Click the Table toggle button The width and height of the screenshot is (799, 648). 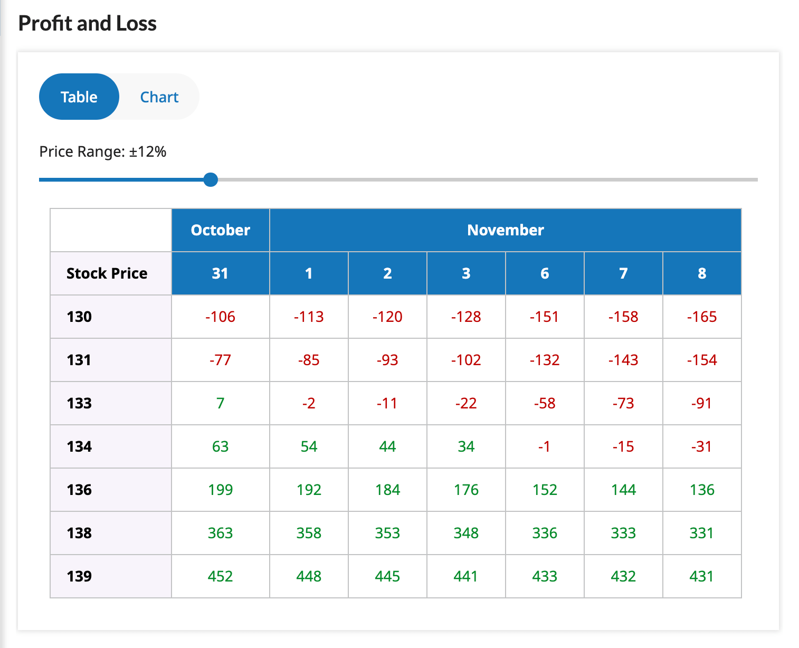(79, 97)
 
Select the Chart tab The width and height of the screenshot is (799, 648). (159, 97)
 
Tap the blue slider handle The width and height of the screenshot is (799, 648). (211, 180)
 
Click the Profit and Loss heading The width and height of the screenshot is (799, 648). (88, 24)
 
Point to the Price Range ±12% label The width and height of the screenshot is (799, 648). (103, 152)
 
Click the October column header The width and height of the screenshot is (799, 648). (220, 230)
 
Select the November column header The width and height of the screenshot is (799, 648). (505, 230)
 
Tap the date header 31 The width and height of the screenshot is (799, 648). (220, 273)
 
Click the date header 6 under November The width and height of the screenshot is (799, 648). (545, 273)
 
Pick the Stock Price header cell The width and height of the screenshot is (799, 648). (107, 273)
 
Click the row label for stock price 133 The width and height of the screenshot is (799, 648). (79, 403)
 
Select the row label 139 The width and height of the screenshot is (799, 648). (79, 576)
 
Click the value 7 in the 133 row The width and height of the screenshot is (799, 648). (220, 403)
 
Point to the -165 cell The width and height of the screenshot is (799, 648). (702, 317)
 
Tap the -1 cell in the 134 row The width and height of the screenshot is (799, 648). (545, 446)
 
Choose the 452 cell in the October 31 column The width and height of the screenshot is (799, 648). (220, 576)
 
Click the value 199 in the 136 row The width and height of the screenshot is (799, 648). (220, 490)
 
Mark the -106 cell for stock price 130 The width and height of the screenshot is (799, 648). (220, 317)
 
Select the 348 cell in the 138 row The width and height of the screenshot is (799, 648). (466, 533)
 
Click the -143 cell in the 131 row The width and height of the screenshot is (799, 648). (623, 360)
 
